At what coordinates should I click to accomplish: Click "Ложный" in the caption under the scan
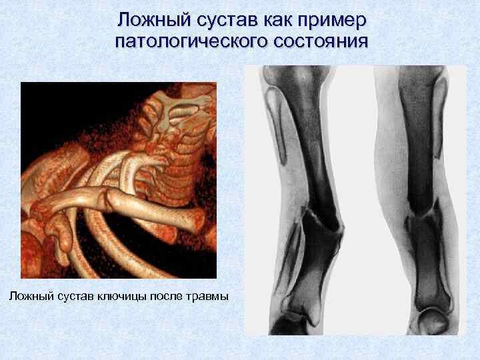(x=31, y=295)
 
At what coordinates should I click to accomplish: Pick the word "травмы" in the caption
(x=210, y=295)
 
